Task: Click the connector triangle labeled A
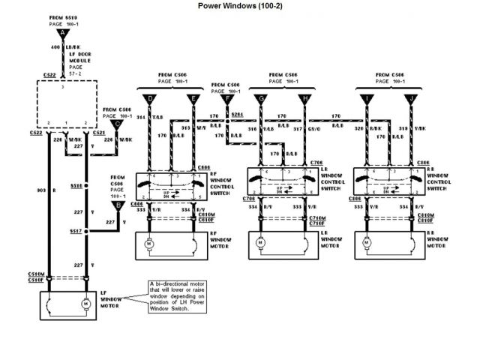pyautogui.click(x=64, y=32)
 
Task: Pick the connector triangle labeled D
pyautogui.click(x=151, y=98)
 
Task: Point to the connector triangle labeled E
pyautogui.click(x=193, y=98)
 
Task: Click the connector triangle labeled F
pyautogui.click(x=226, y=98)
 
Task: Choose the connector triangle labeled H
pyautogui.click(x=305, y=98)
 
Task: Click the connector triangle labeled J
pyautogui.click(x=412, y=98)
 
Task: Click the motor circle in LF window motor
pyautogui.click(x=85, y=303)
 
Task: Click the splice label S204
pyautogui.click(x=237, y=114)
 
